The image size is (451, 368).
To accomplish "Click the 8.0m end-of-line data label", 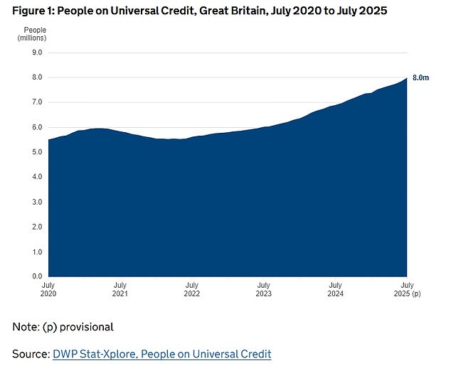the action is click(x=420, y=77).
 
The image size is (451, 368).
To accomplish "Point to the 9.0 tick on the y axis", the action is click(x=37, y=53).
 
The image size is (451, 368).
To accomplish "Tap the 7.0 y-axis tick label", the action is click(x=37, y=102).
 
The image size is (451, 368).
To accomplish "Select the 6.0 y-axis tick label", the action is click(x=37, y=127).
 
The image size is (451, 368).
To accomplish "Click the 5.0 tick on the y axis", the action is click(x=37, y=152).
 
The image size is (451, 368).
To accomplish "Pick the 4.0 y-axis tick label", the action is click(x=37, y=177).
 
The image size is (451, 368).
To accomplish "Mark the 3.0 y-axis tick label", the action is click(x=37, y=202).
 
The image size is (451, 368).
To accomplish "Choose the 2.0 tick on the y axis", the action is click(x=37, y=227).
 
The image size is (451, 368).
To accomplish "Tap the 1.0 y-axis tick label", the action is click(x=37, y=251).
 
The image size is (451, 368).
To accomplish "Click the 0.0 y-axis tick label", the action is click(x=37, y=276).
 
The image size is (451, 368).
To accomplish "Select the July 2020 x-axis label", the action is click(x=48, y=289).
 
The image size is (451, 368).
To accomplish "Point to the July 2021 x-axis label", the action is click(x=120, y=289).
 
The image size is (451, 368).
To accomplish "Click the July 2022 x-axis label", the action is click(x=192, y=289).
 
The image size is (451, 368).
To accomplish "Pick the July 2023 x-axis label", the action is click(x=263, y=289).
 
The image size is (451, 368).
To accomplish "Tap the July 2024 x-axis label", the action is click(x=335, y=289).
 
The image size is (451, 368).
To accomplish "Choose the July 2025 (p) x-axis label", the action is click(x=408, y=289).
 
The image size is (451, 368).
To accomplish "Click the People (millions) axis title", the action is click(x=32, y=34).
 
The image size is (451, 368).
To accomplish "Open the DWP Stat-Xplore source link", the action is click(x=162, y=354).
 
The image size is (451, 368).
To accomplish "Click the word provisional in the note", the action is click(x=87, y=328).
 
